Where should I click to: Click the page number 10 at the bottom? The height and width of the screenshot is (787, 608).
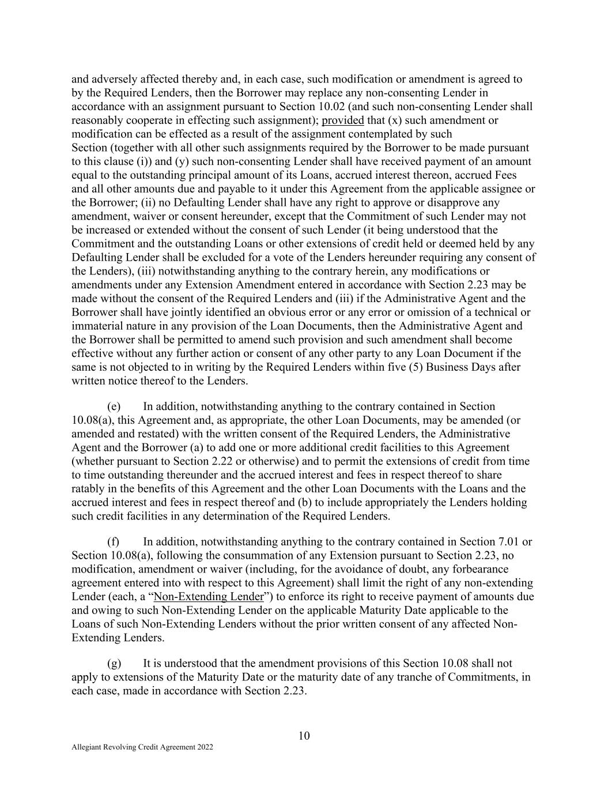point(304,736)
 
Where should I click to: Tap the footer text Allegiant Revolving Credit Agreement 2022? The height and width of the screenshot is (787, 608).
point(142,747)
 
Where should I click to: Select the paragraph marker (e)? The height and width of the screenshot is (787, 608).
point(114,406)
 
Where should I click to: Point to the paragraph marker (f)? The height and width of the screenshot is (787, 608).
point(114,541)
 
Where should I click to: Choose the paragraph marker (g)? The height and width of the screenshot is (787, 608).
point(114,663)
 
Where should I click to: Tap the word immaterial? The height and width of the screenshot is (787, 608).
point(97,326)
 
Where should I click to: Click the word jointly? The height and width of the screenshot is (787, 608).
point(207,312)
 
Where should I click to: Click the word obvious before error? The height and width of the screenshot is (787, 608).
point(303,312)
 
